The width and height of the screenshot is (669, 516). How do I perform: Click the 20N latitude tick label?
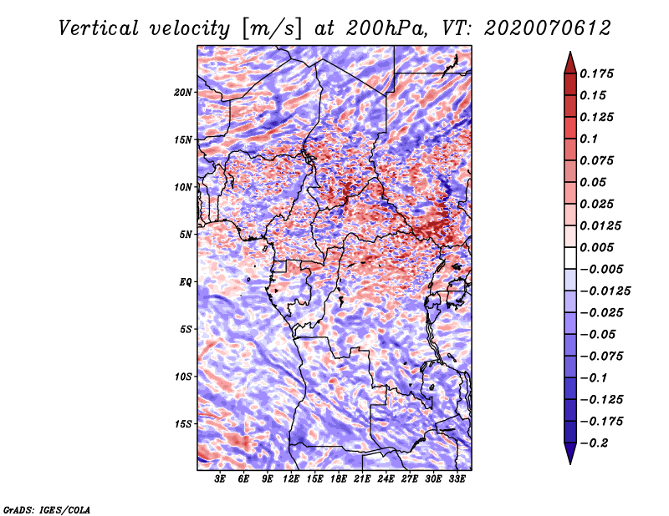[x=183, y=92]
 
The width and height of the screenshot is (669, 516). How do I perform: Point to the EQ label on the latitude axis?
[x=186, y=282]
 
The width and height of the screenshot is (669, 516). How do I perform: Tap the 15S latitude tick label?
[x=183, y=424]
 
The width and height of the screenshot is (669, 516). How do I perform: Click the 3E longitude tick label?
[x=220, y=479]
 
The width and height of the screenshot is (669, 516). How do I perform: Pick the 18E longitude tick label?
[x=339, y=479]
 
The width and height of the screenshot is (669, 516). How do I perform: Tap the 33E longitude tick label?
[x=457, y=479]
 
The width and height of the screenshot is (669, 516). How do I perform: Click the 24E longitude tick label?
[x=386, y=479]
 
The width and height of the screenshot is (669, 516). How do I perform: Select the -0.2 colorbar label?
[x=595, y=443]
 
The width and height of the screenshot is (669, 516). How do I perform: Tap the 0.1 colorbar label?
[x=590, y=139]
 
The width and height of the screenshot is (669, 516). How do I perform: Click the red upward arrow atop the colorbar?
[x=569, y=61]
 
